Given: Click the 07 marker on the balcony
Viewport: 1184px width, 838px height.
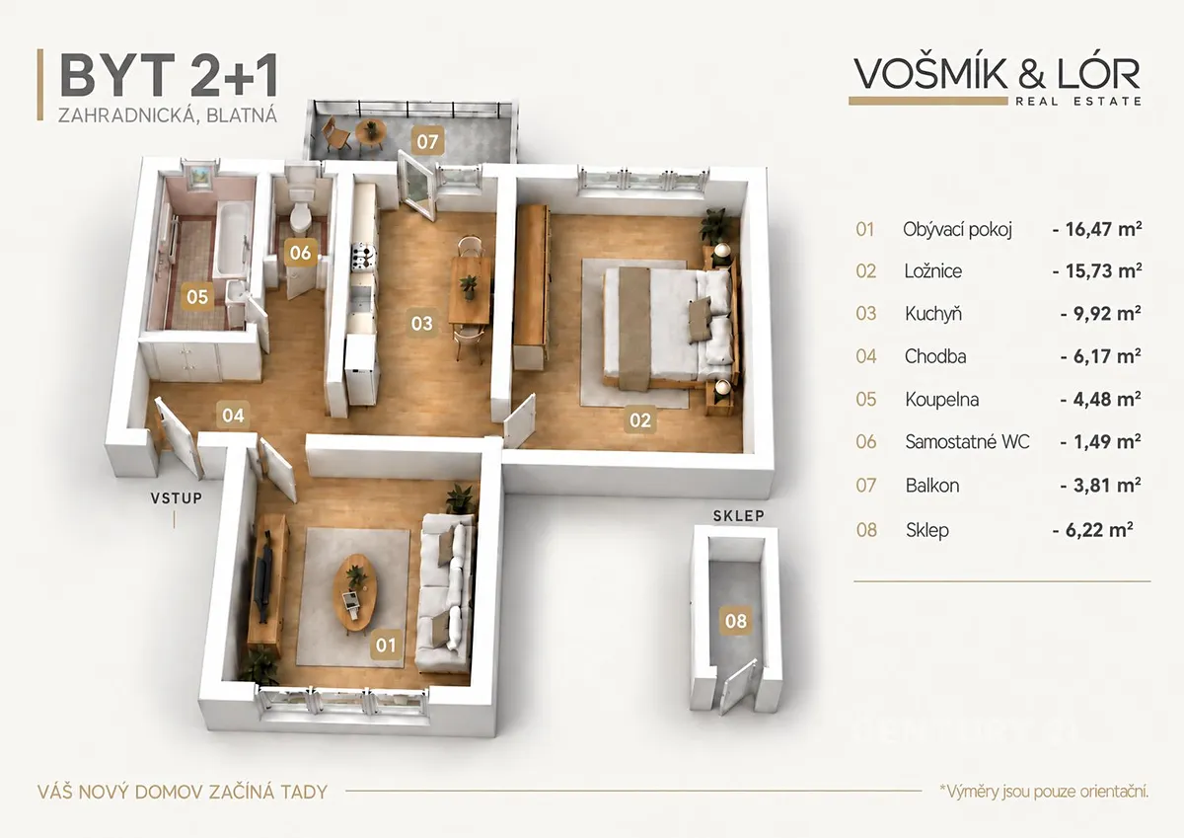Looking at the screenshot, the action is coord(427,141).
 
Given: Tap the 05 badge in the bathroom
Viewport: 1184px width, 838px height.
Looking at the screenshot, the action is coord(197,296).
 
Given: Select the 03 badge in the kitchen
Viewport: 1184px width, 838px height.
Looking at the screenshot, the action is coord(422,323).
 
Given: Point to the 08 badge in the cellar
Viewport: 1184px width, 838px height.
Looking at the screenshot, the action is coord(736,621).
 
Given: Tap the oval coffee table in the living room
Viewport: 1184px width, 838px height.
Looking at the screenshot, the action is coord(354,594).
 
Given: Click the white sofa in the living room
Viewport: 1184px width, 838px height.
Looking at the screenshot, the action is coord(445,591).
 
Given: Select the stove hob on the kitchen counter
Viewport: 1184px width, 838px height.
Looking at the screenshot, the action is coord(363,258).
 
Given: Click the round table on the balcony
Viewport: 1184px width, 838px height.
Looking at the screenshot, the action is coord(371,130).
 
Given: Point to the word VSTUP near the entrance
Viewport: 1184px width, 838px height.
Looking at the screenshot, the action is coord(177,498).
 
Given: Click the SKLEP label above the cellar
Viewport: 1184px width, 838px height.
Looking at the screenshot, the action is coord(738,516).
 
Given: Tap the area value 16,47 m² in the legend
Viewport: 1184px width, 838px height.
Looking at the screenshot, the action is coord(1098,229).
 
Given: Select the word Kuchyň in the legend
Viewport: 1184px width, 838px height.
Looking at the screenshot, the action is coord(933,314).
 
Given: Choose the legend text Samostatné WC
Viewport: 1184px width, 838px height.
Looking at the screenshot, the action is coord(967,441).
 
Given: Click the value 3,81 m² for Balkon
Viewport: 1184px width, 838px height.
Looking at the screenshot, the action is coord(1101,485).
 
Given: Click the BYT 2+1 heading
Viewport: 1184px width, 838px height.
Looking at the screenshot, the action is coord(169,75).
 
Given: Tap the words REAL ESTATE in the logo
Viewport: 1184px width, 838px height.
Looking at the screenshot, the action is coord(1078,101).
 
